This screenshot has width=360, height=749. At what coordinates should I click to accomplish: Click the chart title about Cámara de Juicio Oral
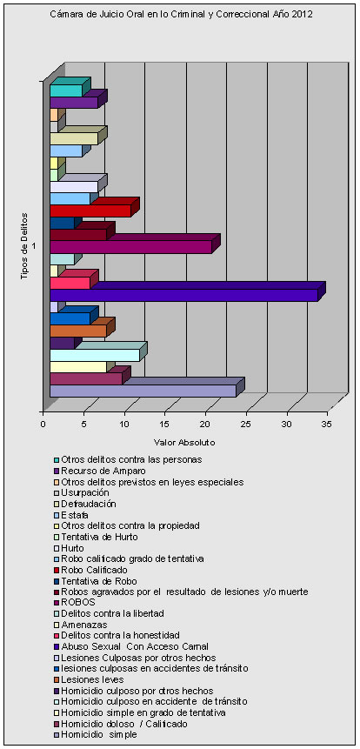click(x=181, y=14)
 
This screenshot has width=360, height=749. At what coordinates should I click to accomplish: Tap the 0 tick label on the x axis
click(x=44, y=425)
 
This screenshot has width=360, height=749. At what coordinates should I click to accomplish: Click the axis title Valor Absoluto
click(x=184, y=442)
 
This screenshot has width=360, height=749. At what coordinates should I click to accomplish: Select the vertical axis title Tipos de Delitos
click(x=23, y=247)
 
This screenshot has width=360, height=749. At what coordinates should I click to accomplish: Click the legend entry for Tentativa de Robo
click(x=95, y=581)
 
